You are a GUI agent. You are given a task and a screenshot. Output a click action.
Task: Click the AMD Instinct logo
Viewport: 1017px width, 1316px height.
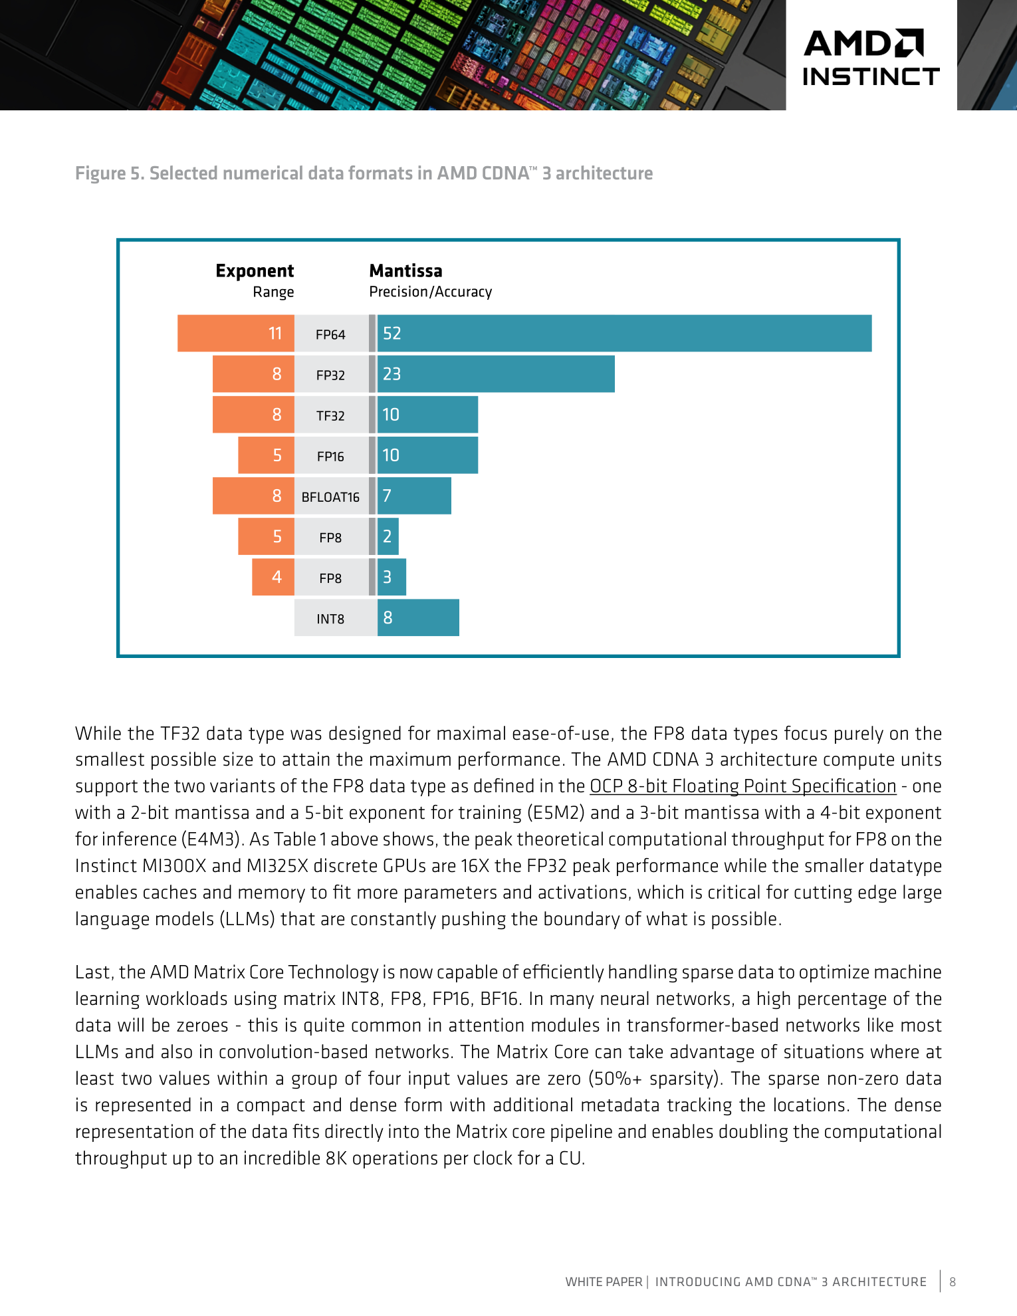point(871,58)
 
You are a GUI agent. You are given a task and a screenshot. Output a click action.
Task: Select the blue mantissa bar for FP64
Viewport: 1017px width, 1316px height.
point(624,333)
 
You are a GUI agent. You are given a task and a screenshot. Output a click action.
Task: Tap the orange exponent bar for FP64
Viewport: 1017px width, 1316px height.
point(236,333)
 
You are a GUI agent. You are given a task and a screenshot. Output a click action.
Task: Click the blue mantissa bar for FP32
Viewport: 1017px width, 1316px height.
point(496,374)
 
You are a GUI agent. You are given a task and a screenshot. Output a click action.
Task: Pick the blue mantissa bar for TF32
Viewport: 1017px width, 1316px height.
point(427,415)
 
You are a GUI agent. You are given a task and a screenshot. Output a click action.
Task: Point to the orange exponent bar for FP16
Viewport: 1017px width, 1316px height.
point(267,455)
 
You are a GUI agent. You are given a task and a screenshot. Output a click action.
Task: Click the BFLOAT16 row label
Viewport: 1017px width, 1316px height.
point(330,497)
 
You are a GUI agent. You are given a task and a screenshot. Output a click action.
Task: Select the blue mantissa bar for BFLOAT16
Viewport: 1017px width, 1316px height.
point(414,496)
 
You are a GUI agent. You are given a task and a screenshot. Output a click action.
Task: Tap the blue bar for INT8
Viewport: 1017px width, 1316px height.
point(418,617)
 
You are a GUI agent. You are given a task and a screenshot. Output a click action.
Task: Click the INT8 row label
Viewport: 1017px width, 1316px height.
point(330,619)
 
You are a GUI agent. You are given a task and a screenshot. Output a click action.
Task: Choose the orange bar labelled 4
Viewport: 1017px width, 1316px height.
point(273,577)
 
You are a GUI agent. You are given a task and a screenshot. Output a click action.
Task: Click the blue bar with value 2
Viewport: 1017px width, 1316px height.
point(388,536)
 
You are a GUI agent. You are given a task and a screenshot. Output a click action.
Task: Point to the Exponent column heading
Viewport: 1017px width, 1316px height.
point(255,271)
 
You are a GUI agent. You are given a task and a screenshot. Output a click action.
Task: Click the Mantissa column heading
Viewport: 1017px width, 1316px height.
point(405,271)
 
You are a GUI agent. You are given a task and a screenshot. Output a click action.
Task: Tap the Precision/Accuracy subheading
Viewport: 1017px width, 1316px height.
point(431,292)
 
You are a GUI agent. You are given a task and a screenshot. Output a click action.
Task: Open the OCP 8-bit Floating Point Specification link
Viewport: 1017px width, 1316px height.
point(743,786)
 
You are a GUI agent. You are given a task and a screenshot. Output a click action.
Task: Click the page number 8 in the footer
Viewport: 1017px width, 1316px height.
point(953,1281)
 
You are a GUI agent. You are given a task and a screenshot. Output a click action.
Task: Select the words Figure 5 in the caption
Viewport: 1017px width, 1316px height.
point(108,173)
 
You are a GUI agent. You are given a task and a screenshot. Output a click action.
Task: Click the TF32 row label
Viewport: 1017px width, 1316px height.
point(330,416)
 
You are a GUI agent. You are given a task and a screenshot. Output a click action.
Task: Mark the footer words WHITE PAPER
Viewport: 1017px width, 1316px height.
point(604,1281)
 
